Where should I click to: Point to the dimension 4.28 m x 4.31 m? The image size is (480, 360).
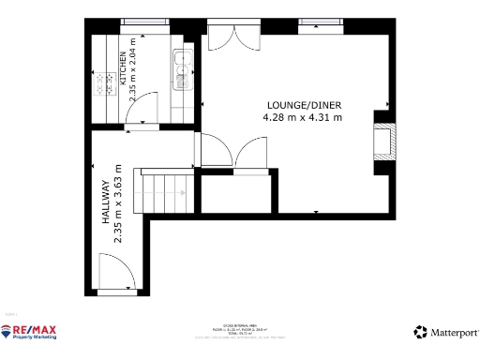point(301,118)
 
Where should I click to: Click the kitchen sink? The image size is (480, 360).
point(181,65)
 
